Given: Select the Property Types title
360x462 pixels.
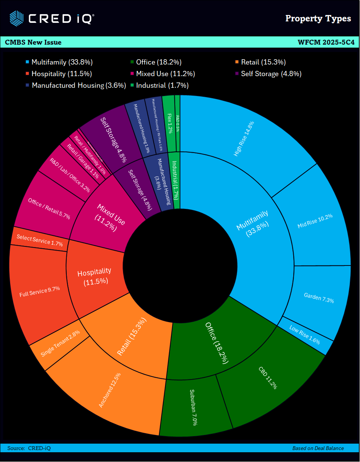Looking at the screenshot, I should tap(318, 18).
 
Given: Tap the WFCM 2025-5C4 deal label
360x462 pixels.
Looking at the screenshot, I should tap(325, 42).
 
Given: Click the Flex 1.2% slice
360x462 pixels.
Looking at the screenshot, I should tap(169, 124).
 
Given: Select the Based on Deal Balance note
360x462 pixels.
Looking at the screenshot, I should tap(318, 448).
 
